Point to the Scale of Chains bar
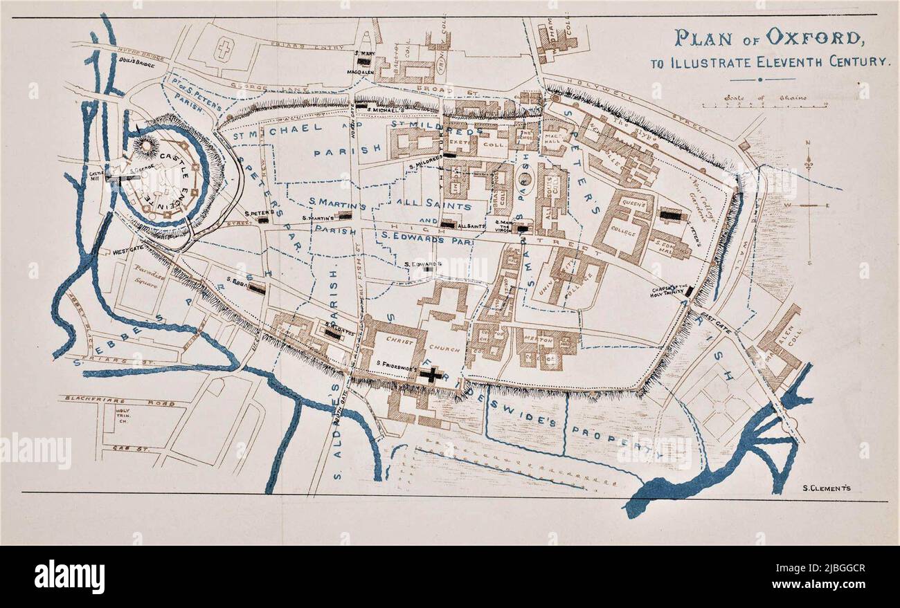(764, 105)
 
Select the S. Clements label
(827, 488)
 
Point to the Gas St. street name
(122, 448)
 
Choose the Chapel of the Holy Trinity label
(669, 291)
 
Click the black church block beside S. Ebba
(256, 290)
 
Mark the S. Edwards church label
(423, 264)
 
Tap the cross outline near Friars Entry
(223, 49)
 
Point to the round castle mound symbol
(146, 145)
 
